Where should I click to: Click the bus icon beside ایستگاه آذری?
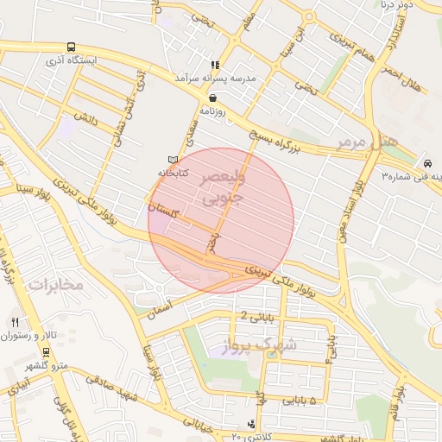point(70,48)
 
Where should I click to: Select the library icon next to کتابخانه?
point(173,160)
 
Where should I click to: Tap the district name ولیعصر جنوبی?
point(223,187)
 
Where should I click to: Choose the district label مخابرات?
point(54,284)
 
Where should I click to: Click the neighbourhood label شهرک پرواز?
point(264,346)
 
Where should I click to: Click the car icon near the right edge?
point(428,162)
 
